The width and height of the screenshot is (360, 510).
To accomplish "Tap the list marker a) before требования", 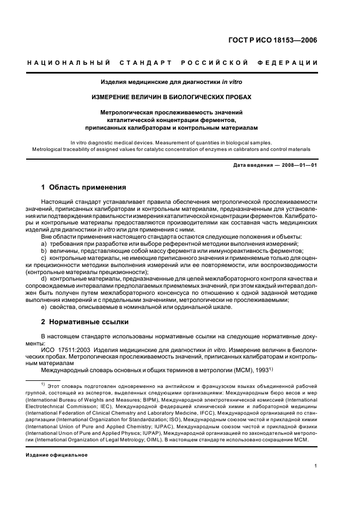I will (x=44, y=244).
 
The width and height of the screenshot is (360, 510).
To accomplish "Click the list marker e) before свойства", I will (x=44, y=307).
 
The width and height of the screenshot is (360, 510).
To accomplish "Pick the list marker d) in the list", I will (x=44, y=278).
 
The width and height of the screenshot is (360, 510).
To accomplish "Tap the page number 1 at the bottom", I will (x=316, y=466).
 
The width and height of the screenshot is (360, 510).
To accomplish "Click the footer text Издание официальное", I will (x=57, y=454).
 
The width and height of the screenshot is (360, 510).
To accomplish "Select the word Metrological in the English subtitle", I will (x=51, y=149).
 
